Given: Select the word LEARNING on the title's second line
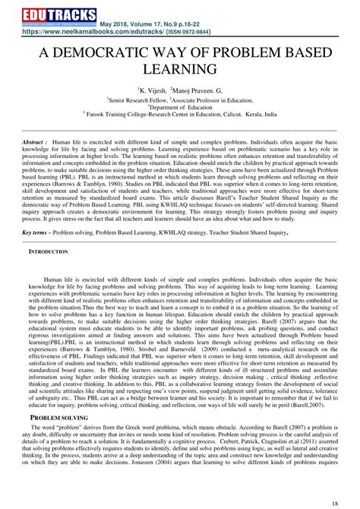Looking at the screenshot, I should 180,70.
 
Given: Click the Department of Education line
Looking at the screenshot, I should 180,107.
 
